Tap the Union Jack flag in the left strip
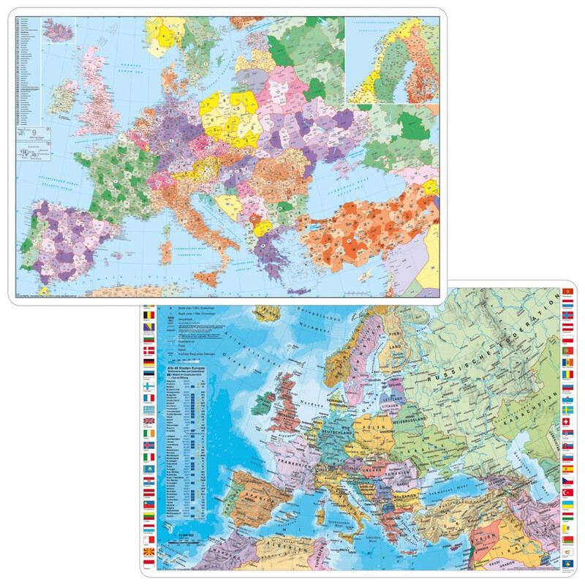click(x=150, y=422)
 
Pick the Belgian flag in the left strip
click(x=150, y=315)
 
